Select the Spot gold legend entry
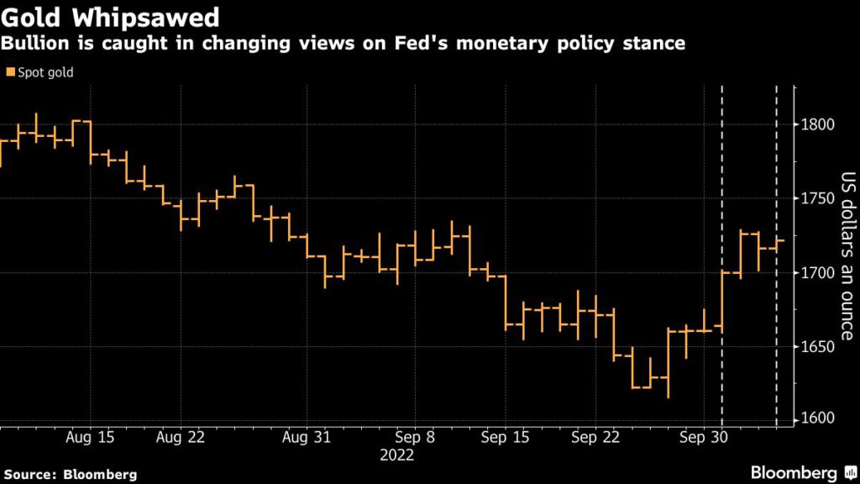39,72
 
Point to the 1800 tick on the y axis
818,124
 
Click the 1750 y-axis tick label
818,198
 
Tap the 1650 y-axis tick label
818,346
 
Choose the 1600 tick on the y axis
818,419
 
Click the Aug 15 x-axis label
89,438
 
